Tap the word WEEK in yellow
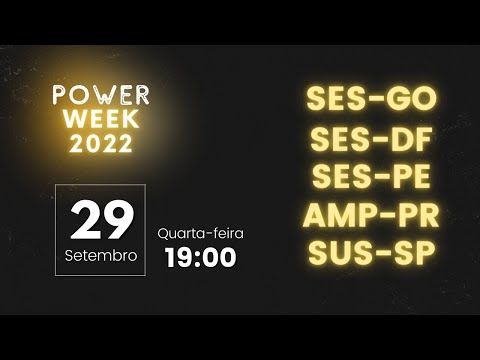(x=101, y=120)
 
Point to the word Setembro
(x=100, y=255)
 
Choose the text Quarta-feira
(x=200, y=233)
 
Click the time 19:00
(x=200, y=257)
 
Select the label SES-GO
(x=372, y=100)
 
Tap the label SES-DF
(x=372, y=139)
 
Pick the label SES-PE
(x=372, y=176)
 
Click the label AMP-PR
(x=372, y=214)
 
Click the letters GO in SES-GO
(x=413, y=100)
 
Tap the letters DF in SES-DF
(x=413, y=139)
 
